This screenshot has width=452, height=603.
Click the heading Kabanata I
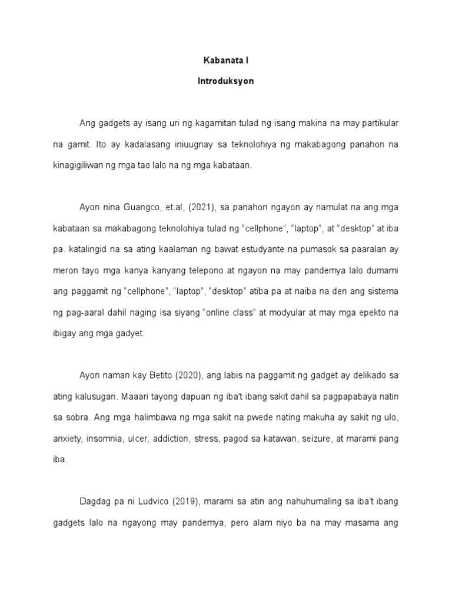225,60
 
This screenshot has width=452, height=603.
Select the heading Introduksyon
225,81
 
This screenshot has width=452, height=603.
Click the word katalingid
89,249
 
